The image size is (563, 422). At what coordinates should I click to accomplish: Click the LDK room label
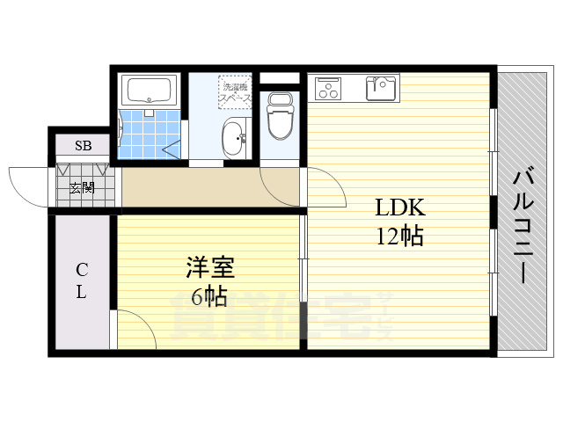click(x=400, y=208)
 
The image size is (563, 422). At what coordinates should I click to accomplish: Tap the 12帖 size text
click(x=400, y=236)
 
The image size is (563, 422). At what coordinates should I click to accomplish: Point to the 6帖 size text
click(x=209, y=296)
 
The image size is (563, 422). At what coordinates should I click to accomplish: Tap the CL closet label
click(x=80, y=280)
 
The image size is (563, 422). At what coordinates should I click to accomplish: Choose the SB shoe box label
click(x=82, y=146)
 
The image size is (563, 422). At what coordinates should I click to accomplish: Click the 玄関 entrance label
click(x=82, y=186)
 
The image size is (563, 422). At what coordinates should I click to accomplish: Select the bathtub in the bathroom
click(x=150, y=90)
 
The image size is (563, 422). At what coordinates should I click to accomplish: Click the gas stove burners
click(x=327, y=87)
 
